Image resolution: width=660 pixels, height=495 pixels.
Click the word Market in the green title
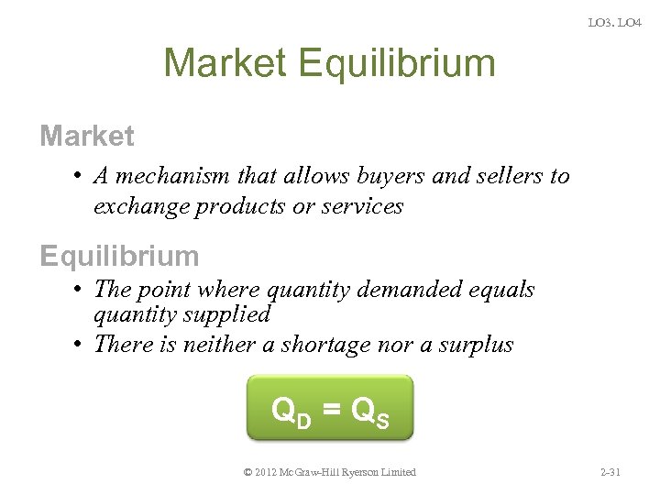225,63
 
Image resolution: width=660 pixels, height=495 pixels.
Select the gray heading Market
87,137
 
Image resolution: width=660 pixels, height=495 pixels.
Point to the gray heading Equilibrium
119,255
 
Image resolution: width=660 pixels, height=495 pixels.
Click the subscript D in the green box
305,420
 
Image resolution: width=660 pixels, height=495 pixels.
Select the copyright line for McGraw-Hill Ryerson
330,472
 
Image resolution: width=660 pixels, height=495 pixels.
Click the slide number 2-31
609,472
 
